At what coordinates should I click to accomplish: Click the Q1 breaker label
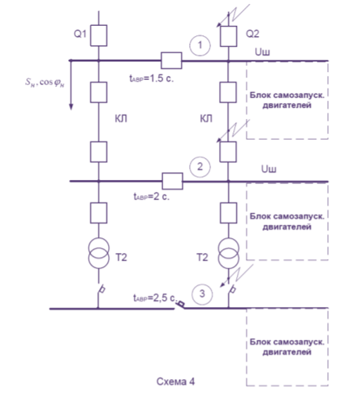pos(80,34)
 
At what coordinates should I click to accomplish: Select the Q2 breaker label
pos(253,34)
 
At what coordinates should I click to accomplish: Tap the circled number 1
pos(200,45)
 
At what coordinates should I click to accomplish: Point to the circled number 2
pos(200,167)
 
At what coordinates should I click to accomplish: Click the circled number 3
pos(202,294)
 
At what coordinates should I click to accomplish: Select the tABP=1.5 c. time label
pos(152,78)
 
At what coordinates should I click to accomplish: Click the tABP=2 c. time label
pos(152,197)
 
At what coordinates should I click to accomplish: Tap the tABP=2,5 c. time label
pos(155,298)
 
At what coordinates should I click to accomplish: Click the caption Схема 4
pos(175,381)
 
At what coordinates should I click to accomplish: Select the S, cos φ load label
pos(45,82)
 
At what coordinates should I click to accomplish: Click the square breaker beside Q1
pos(99,35)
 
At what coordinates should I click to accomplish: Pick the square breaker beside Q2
pos(229,36)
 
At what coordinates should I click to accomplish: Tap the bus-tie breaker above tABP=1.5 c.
pos(171,60)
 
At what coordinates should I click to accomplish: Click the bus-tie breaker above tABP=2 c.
pos(172,181)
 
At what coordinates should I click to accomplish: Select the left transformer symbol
pos(99,253)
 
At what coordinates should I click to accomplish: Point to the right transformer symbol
pos(229,254)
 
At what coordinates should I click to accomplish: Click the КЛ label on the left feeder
pos(121,119)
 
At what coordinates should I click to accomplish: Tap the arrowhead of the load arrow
pos(71,107)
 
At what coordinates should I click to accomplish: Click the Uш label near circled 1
pos(262,52)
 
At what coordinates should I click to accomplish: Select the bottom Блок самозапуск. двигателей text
pos(287,347)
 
